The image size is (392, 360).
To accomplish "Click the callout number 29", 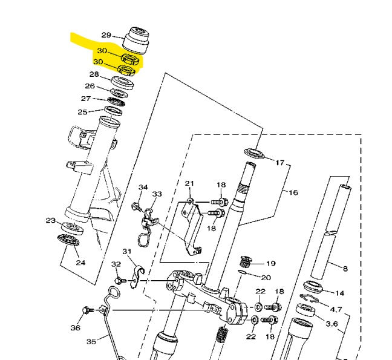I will tap(106, 34).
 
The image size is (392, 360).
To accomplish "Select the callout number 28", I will tap(94, 75).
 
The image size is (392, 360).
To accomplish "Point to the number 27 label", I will tap(87, 99).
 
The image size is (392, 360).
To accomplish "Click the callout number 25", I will tap(82, 111).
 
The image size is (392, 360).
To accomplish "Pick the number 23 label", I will tap(51, 220).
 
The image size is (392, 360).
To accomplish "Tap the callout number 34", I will tap(143, 188).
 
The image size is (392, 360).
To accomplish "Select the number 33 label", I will tap(157, 194).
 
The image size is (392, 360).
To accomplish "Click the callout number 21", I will tap(189, 184).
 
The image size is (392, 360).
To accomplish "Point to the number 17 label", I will tap(279, 163).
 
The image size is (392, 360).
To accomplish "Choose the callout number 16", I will tap(293, 193).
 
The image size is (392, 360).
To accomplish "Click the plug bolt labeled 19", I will tap(246, 263).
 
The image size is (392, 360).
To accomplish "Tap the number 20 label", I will tap(267, 278).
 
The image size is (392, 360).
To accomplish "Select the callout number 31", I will tap(127, 252).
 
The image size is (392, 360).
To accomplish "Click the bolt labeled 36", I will tap(86, 310).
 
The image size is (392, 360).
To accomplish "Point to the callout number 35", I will tap(91, 342).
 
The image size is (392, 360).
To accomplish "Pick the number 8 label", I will tap(345, 268).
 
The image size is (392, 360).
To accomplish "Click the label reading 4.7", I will tap(336, 309).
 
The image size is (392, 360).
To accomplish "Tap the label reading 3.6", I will tap(332, 324).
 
